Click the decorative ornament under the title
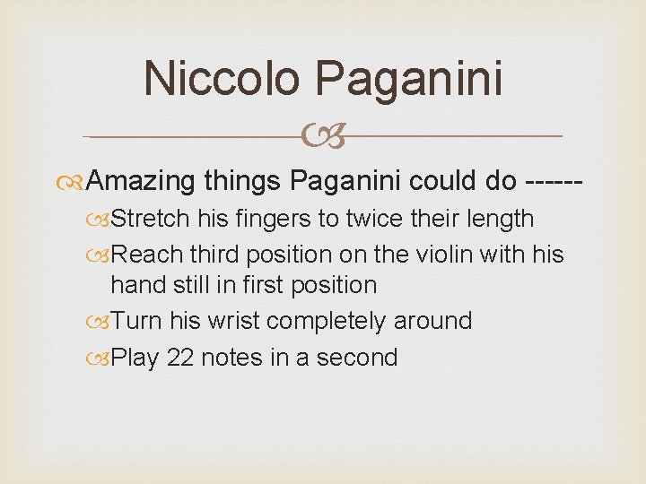tap(322, 137)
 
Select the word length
tap(498, 219)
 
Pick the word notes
tap(231, 358)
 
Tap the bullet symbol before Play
tap(102, 359)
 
